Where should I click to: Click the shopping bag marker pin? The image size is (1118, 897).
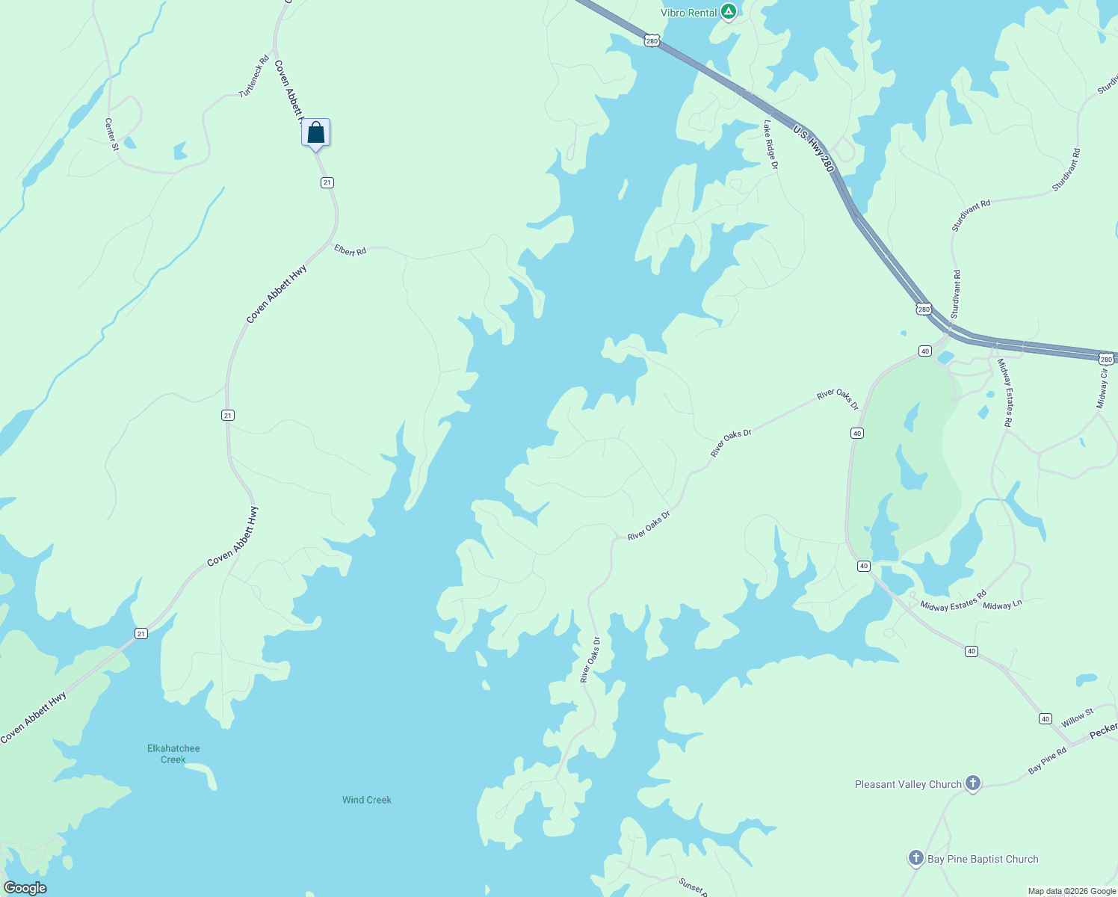pyautogui.click(x=316, y=133)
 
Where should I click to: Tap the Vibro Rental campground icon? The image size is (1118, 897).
pyautogui.click(x=729, y=12)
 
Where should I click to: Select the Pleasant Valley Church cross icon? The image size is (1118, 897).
pyautogui.click(x=972, y=783)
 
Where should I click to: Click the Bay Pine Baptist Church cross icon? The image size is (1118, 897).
pyautogui.click(x=916, y=858)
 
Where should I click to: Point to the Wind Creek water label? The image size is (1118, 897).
pyautogui.click(x=367, y=800)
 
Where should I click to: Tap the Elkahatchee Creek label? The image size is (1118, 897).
pyautogui.click(x=173, y=753)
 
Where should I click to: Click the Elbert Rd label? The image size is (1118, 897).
pyautogui.click(x=350, y=250)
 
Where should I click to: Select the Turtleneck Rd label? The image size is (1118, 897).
pyautogui.click(x=254, y=76)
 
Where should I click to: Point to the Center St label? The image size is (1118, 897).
pyautogui.click(x=111, y=135)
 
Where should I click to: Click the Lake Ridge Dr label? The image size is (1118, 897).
pyautogui.click(x=770, y=145)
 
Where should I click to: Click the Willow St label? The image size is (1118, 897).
pyautogui.click(x=1078, y=718)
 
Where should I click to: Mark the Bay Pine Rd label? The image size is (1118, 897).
pyautogui.click(x=1047, y=760)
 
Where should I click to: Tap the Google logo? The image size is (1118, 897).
pyautogui.click(x=25, y=888)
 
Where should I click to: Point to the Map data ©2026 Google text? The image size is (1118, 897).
pyautogui.click(x=1072, y=891)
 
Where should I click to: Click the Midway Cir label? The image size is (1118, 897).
pyautogui.click(x=1102, y=388)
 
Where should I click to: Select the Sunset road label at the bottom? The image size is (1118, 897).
pyautogui.click(x=692, y=887)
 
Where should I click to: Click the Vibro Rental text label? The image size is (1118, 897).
pyautogui.click(x=688, y=13)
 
